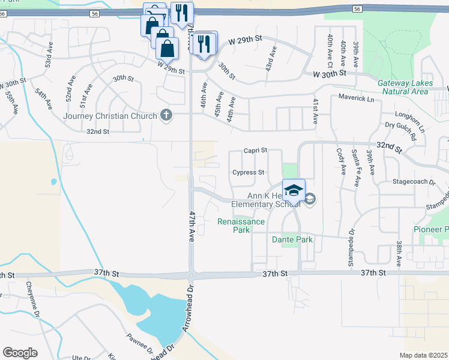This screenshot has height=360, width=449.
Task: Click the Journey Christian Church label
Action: (112, 116)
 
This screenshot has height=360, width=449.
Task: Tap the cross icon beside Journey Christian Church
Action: (166, 115)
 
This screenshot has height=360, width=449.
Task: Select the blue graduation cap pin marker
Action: (294, 191)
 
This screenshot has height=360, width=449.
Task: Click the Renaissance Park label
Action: (241, 226)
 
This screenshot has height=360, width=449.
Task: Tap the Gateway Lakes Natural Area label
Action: (403, 87)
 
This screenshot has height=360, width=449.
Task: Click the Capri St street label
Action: (255, 151)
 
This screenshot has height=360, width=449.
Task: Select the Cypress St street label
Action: (249, 172)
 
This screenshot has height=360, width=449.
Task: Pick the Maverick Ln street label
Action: (355, 97)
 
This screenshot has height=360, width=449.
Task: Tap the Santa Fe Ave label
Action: (355, 168)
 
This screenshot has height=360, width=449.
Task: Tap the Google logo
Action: (20, 353)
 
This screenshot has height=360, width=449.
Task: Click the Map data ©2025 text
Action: (424, 355)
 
